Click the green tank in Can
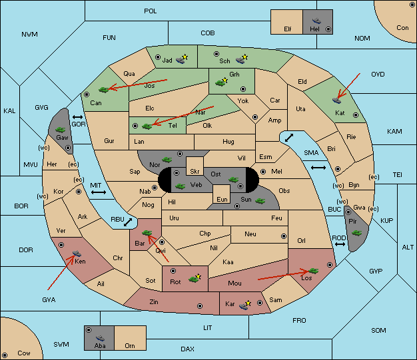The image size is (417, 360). point(104,90)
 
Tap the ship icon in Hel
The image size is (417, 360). point(316,21)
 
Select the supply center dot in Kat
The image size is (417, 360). point(356,115)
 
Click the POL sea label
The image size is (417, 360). point(151,11)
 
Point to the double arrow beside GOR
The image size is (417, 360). point(78,117)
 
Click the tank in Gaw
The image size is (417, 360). point(61,130)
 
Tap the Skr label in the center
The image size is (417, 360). point(195,172)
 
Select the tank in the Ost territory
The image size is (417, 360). point(234,180)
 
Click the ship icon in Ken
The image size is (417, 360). point(77,253)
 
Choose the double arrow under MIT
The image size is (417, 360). point(99,192)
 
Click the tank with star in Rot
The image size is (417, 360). point(195,278)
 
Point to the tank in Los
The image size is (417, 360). point(314,271)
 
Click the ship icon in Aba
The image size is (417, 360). point(100,338)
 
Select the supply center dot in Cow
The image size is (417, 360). point(5,355)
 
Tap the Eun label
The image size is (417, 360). point(222,199)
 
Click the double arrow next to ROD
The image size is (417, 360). point(340,244)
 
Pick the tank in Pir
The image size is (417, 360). point(356,234)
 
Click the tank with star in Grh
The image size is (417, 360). point(222,82)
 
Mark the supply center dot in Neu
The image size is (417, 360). point(284,236)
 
